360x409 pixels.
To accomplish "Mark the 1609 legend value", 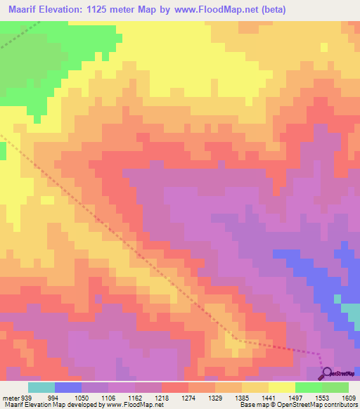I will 348,397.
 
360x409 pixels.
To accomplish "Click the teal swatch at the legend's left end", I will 41,387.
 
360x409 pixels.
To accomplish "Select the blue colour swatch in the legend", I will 68,387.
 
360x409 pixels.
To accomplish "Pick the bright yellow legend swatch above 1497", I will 281,387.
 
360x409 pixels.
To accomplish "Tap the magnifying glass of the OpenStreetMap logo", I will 326,373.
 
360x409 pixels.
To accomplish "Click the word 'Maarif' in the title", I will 21,9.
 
